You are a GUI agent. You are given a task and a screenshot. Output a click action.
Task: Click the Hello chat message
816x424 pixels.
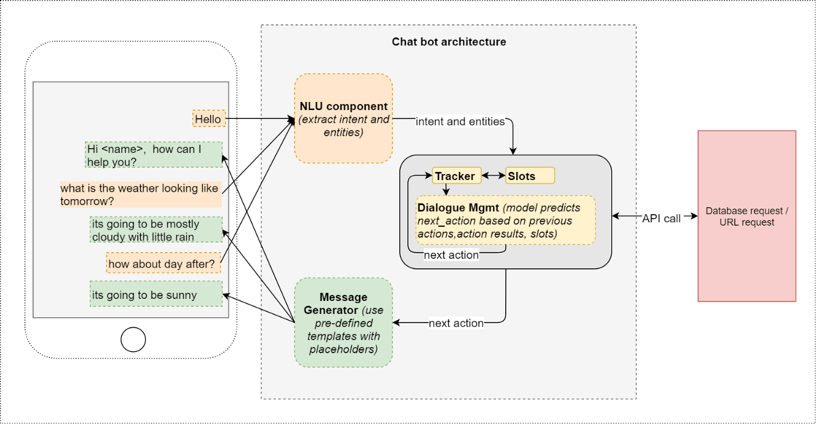tap(208, 119)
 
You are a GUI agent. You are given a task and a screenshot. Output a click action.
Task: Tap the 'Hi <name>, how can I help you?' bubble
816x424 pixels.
tap(154, 155)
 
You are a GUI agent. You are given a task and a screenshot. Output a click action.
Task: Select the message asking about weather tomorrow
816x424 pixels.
tap(141, 194)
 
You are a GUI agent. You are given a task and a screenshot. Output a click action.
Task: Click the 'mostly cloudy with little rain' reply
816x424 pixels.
tap(156, 230)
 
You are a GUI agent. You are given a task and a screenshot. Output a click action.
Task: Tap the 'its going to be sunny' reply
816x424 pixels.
tap(156, 295)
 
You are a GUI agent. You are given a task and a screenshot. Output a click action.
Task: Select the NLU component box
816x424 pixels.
tap(343, 119)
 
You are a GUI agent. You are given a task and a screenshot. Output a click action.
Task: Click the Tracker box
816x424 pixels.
tap(456, 176)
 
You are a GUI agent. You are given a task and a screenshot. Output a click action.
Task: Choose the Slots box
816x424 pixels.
tap(530, 176)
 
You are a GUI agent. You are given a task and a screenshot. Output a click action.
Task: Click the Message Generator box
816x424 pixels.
tap(343, 323)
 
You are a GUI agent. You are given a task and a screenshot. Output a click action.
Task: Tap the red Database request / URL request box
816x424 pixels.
tap(747, 216)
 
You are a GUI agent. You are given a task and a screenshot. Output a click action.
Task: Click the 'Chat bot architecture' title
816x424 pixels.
tap(449, 41)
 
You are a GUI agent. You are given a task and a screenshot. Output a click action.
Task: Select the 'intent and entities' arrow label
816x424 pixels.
tap(460, 122)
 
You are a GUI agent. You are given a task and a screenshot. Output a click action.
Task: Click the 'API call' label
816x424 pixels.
tap(661, 218)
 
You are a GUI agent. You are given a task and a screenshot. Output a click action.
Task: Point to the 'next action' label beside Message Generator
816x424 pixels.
tap(456, 323)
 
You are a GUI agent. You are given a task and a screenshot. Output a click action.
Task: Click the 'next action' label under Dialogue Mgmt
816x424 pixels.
tap(451, 255)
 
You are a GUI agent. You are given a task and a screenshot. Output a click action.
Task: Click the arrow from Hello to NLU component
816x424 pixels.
tap(258, 119)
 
